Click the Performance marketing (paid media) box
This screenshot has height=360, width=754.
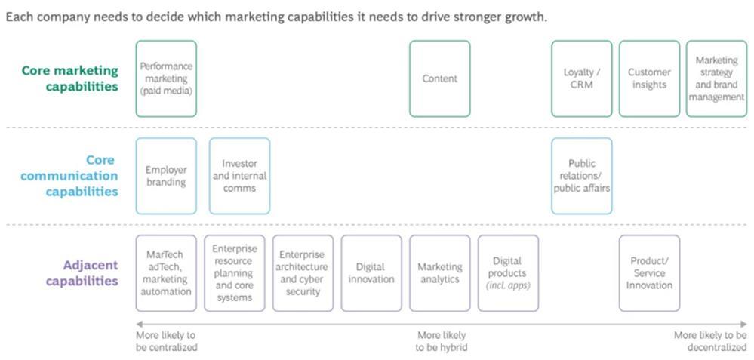tap(166, 78)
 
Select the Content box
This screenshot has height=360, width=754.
tap(439, 78)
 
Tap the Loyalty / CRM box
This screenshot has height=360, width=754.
tap(581, 78)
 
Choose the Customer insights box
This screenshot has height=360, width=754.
tap(649, 78)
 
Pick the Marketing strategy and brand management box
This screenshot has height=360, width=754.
tap(716, 78)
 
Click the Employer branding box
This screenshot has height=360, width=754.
tap(166, 176)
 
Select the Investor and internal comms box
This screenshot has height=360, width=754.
tap(239, 176)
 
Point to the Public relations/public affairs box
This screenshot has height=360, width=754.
tap(581, 176)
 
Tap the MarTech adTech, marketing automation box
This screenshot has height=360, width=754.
tap(166, 273)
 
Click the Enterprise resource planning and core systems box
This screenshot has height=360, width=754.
tap(234, 273)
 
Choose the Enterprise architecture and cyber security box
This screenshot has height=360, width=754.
tap(303, 273)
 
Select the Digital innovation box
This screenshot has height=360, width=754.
tap(371, 273)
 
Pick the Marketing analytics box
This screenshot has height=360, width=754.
tap(439, 273)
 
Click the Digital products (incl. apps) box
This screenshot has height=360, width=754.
tap(508, 273)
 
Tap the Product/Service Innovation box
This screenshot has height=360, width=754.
tap(649, 273)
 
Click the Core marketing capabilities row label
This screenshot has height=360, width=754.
tap(70, 78)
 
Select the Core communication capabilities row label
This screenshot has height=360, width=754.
tap(69, 176)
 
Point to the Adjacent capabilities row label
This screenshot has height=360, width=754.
tap(82, 273)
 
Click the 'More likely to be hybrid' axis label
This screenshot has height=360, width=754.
tap(441, 341)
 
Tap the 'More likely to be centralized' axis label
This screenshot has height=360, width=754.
tap(166, 341)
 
